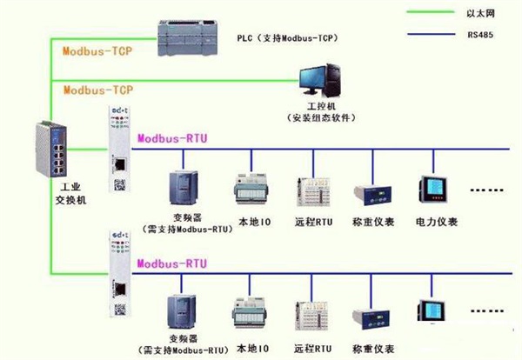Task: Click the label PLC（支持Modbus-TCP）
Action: point(287,38)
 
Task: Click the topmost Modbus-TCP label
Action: point(97,51)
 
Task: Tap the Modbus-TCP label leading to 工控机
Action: point(97,90)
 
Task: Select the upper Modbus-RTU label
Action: point(172,138)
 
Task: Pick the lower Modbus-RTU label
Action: point(172,263)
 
